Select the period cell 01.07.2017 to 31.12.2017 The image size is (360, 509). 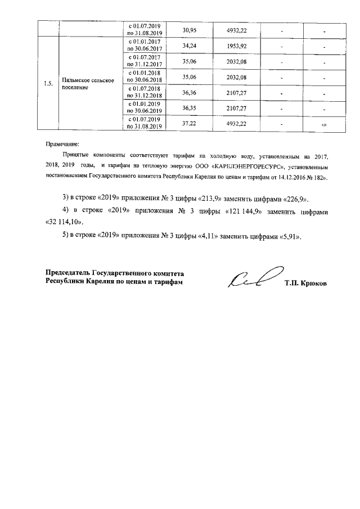pos(145,61)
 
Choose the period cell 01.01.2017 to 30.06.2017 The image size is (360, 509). pos(145,46)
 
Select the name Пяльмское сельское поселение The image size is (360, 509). pos(89,84)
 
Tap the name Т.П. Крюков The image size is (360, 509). pos(305,283)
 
